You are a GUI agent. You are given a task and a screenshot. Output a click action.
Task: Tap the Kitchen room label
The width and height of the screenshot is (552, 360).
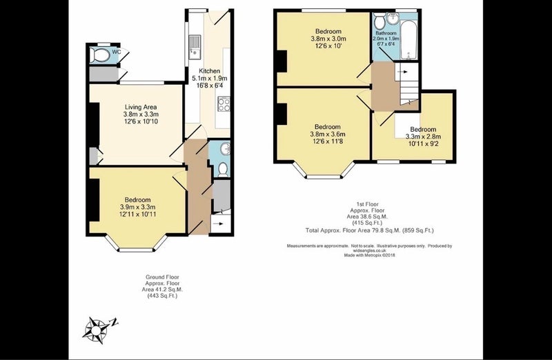pos(210,71)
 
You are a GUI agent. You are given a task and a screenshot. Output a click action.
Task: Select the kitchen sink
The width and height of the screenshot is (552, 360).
pos(195,46)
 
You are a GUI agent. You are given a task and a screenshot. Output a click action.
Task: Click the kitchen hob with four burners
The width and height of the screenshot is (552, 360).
pos(224,104)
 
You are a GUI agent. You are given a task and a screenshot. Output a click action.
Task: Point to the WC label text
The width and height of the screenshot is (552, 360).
pos(117,52)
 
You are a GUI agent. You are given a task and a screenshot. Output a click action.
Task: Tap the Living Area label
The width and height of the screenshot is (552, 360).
pos(141,107)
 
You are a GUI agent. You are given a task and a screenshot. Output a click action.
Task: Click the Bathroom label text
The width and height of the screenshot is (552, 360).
pos(386,33)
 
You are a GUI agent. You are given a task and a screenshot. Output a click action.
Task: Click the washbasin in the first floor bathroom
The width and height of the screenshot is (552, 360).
pos(393,18)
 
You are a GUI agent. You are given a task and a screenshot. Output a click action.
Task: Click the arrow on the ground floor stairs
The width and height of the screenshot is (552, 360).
pos(219,223)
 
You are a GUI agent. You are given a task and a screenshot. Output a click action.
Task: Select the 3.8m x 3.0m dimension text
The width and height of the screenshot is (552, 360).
pos(328,39)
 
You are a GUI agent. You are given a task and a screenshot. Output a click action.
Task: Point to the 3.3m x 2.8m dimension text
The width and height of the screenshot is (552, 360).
pos(424,137)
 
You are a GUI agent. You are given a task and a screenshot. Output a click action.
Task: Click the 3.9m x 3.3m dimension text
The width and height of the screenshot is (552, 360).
pos(137,207)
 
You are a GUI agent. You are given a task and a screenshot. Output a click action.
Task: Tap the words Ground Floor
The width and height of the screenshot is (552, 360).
pos(162,277)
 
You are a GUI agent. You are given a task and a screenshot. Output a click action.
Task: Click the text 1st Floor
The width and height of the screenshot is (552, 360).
pos(368,204)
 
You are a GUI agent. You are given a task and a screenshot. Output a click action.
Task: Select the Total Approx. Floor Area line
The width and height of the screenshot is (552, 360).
pos(370,230)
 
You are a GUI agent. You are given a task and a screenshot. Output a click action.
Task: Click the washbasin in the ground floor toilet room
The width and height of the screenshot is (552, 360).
pos(225,149)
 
